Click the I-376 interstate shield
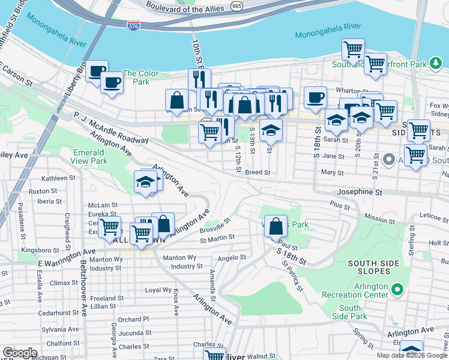point(133,26)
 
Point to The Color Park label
point(140,77)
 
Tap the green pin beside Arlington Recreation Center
point(397,291)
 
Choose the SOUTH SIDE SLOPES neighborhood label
point(375,263)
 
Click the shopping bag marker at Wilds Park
point(276,226)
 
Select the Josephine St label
point(361,193)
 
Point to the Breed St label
point(258,172)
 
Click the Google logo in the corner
point(20,353)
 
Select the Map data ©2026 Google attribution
point(411,355)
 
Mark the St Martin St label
point(217,238)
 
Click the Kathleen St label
point(58,178)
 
